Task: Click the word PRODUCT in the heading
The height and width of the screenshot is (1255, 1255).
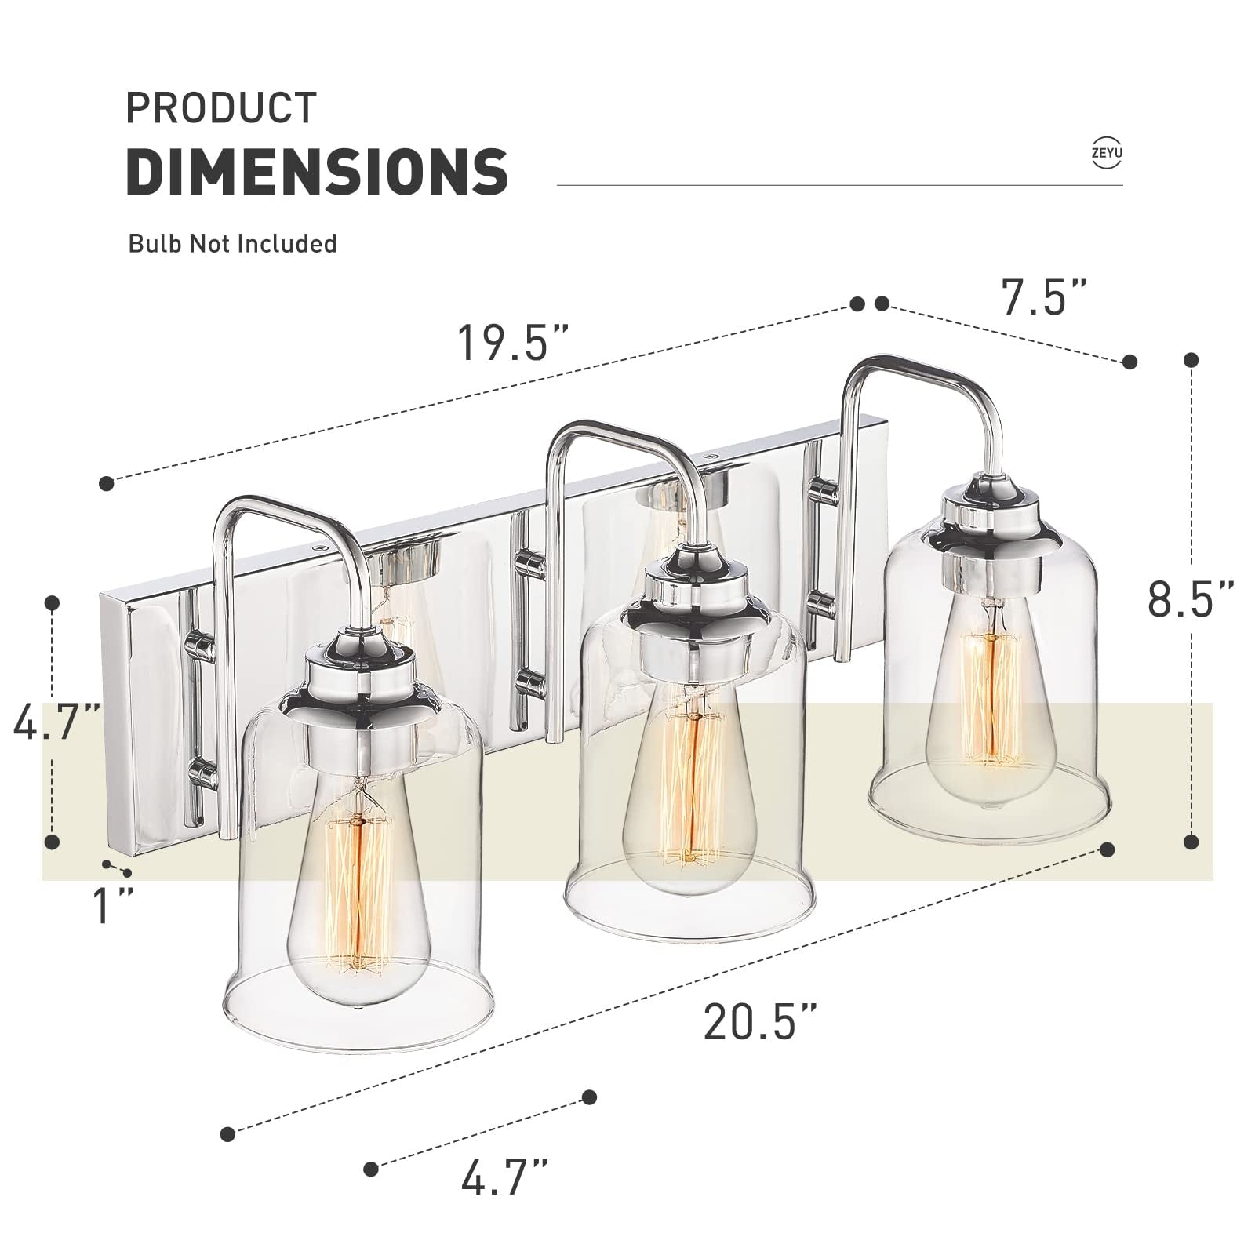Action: [x=221, y=108]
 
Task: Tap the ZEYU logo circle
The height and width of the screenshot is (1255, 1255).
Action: [x=1106, y=153]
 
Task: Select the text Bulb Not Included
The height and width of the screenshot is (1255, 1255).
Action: [x=232, y=243]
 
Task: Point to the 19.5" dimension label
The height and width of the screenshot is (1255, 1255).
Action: [x=513, y=343]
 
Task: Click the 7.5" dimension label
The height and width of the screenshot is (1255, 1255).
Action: [x=1045, y=298]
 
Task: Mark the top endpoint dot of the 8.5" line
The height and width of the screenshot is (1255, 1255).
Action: [x=1191, y=360]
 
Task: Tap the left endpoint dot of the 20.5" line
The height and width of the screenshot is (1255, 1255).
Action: [x=227, y=1133]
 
